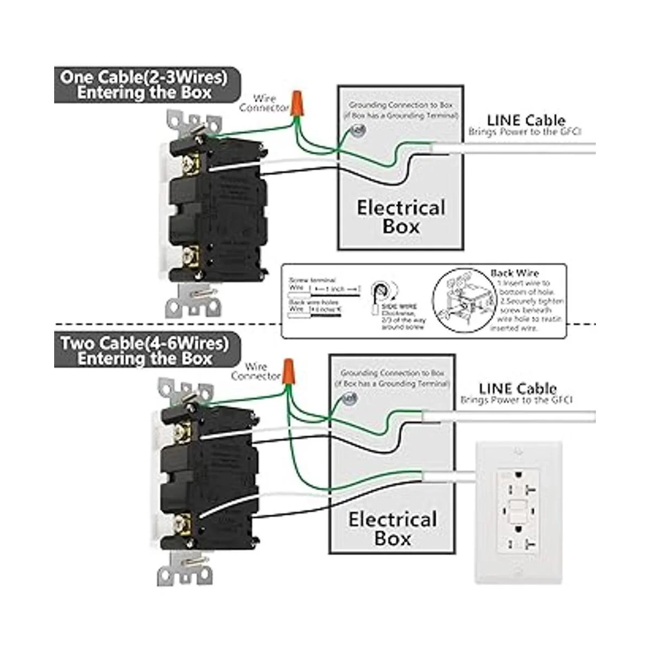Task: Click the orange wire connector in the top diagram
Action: click(296, 103)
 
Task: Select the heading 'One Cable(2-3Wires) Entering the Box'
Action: click(144, 84)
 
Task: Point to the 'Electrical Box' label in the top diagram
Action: click(401, 217)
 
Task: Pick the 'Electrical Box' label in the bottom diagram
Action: click(393, 529)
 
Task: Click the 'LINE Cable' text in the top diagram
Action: click(525, 120)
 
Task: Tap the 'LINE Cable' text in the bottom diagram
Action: click(517, 388)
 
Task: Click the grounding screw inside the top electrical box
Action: click(357, 130)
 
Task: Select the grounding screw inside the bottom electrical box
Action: click(349, 399)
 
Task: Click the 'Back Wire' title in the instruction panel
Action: click(515, 274)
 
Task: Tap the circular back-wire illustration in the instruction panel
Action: click(460, 301)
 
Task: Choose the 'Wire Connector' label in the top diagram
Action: click(264, 103)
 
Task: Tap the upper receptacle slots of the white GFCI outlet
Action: click(518, 484)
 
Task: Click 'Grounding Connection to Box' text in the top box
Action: click(400, 105)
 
